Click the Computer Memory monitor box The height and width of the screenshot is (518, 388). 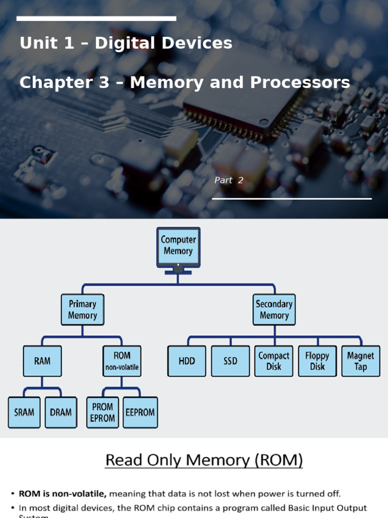point(178,246)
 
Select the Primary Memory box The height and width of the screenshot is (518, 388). point(82,310)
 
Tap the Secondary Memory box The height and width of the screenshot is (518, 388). point(274,310)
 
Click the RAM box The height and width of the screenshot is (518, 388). point(42,361)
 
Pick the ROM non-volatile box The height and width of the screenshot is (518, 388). point(122,361)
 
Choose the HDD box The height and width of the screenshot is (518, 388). point(186,361)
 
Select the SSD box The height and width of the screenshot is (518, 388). point(230,361)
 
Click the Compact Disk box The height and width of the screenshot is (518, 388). point(274,361)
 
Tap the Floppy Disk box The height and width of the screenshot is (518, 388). point(317,361)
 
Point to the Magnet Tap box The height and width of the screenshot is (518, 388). point(361,361)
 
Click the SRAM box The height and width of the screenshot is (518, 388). point(24,412)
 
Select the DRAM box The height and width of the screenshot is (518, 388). point(61,412)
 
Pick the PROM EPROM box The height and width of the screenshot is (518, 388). point(103,412)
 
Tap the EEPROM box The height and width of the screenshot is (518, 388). point(140,412)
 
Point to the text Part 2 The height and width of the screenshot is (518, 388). point(229,180)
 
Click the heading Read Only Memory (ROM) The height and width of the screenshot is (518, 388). point(204,460)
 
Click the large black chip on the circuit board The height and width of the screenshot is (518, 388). point(243,96)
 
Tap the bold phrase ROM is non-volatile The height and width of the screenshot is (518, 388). point(62,494)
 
